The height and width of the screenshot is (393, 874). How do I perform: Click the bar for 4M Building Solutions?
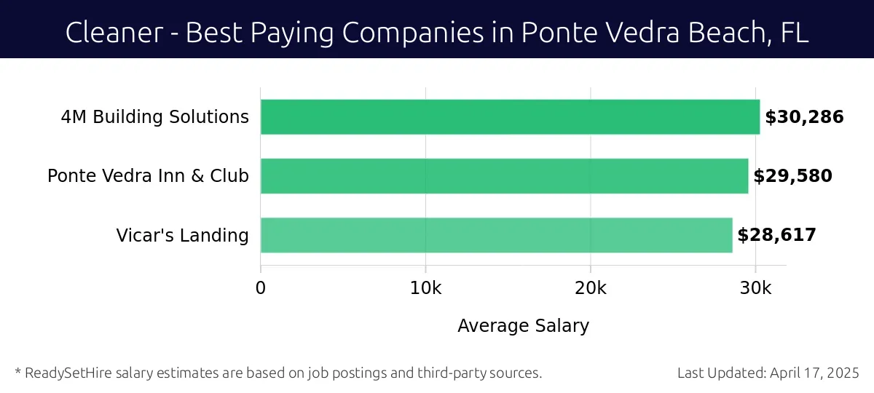(x=510, y=117)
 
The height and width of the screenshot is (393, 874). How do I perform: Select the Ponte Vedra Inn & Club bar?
(x=504, y=176)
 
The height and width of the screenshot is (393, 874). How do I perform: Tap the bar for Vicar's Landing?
(x=496, y=235)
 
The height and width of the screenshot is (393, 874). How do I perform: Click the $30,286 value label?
(x=804, y=117)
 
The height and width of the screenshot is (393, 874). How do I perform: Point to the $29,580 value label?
(x=792, y=176)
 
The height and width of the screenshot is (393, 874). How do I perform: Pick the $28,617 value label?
(x=776, y=235)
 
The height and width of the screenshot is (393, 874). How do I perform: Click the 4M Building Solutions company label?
(x=154, y=117)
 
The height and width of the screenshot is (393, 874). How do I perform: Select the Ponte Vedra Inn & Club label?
(x=148, y=176)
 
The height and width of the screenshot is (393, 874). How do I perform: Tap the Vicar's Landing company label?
(x=182, y=236)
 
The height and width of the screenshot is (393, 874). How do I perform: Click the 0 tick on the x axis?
(x=261, y=288)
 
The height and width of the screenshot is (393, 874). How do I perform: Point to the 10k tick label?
(x=425, y=288)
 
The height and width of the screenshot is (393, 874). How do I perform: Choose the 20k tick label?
(x=590, y=288)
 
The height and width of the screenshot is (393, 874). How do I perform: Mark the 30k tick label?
(x=755, y=288)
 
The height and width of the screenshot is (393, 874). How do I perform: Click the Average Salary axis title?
(x=523, y=326)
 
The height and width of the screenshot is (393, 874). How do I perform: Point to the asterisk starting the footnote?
(x=17, y=372)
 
